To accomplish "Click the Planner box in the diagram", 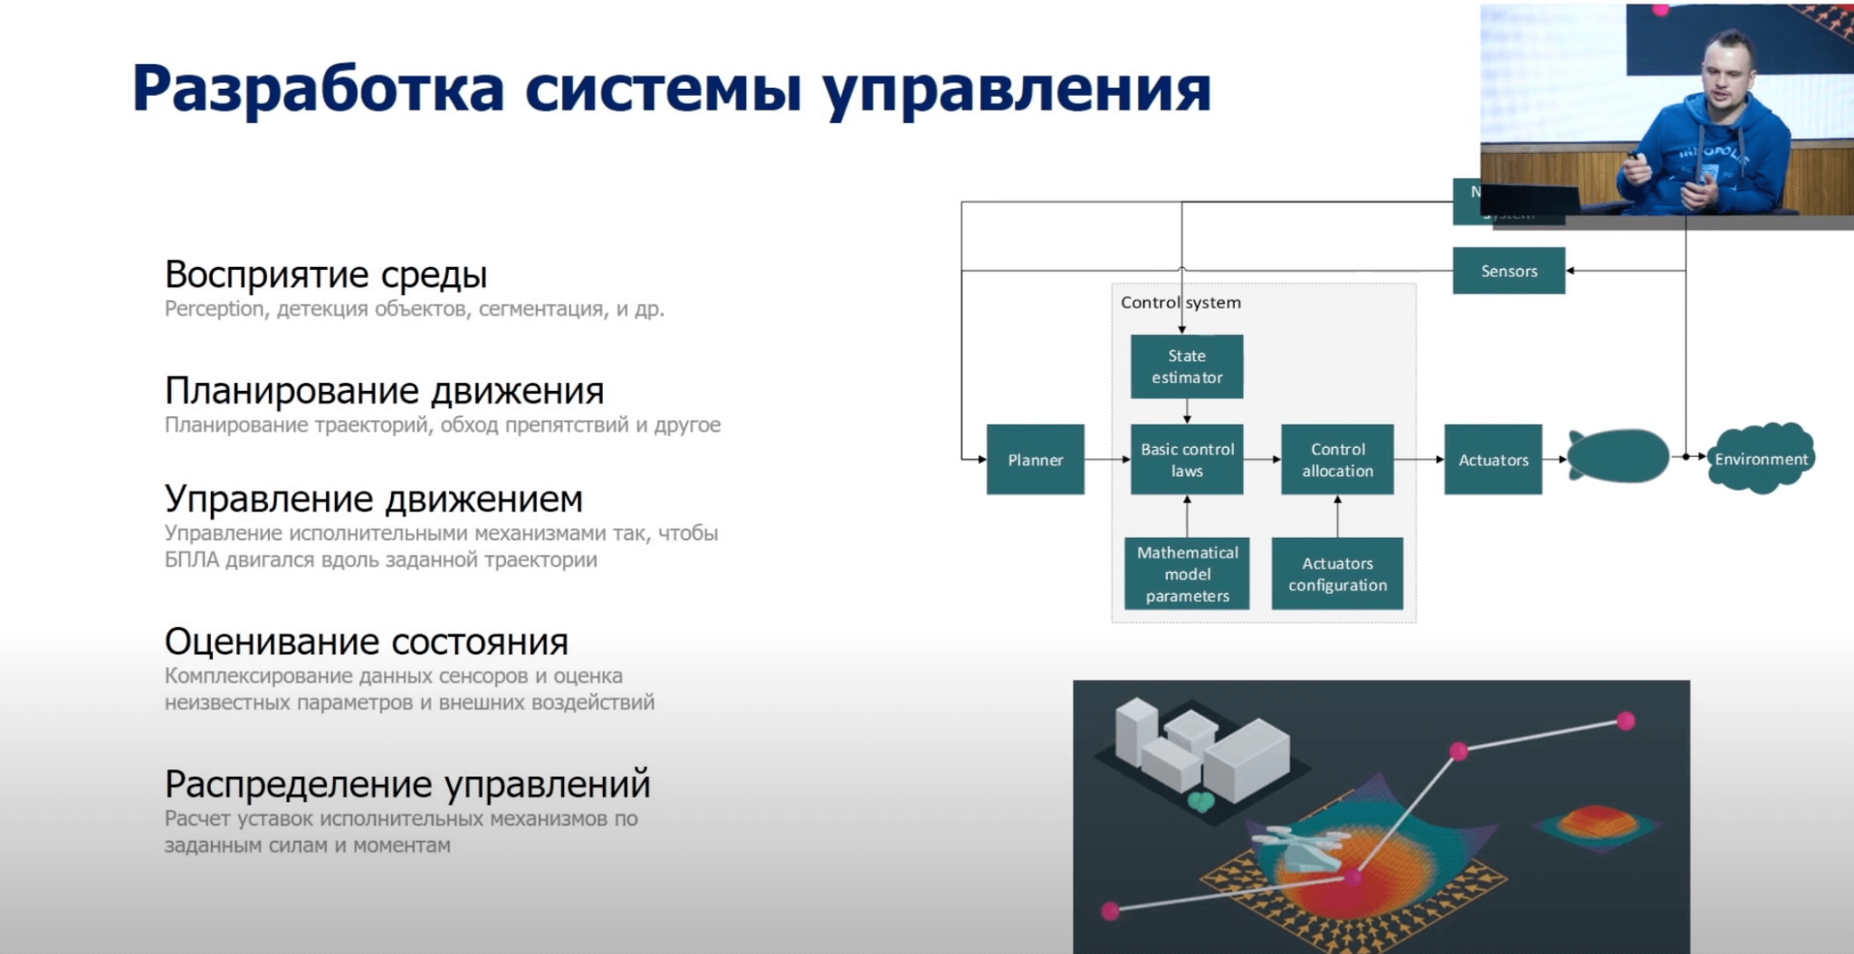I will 1035,460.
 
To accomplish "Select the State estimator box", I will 1186,367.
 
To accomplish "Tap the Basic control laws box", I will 1186,460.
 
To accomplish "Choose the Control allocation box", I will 1337,460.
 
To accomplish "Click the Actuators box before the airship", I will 1493,460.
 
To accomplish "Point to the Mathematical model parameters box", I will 1187,574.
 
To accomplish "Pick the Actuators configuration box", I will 1337,574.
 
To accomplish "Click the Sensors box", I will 1508,271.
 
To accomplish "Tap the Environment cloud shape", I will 1760,459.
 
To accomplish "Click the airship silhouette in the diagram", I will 1619,456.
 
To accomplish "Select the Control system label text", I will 1180,302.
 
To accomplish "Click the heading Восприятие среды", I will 326,274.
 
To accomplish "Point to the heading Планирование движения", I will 384,391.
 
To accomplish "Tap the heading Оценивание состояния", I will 366,642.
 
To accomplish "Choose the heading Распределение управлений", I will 407,784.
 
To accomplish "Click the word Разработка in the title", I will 318,91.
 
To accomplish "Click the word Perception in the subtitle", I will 215,310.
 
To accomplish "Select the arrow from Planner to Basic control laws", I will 1106,460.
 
